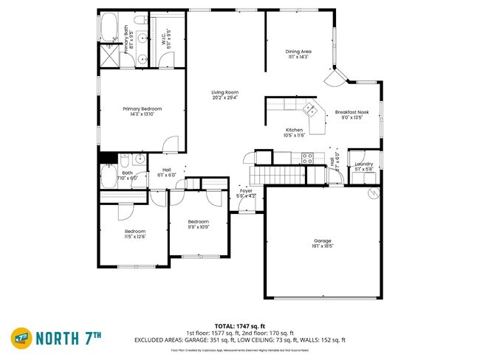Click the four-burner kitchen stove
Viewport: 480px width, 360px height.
[x=307, y=156]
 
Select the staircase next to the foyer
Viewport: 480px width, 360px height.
[x=277, y=175]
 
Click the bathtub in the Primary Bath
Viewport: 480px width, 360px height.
[x=109, y=28]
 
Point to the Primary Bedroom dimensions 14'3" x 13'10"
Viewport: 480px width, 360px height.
[x=142, y=114]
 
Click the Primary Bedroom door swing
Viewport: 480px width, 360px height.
[x=171, y=145]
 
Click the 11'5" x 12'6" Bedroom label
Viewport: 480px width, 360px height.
[x=134, y=234]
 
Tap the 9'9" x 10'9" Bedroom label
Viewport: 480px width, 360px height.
[x=198, y=224]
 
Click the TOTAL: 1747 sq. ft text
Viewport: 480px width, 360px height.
[x=239, y=325]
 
